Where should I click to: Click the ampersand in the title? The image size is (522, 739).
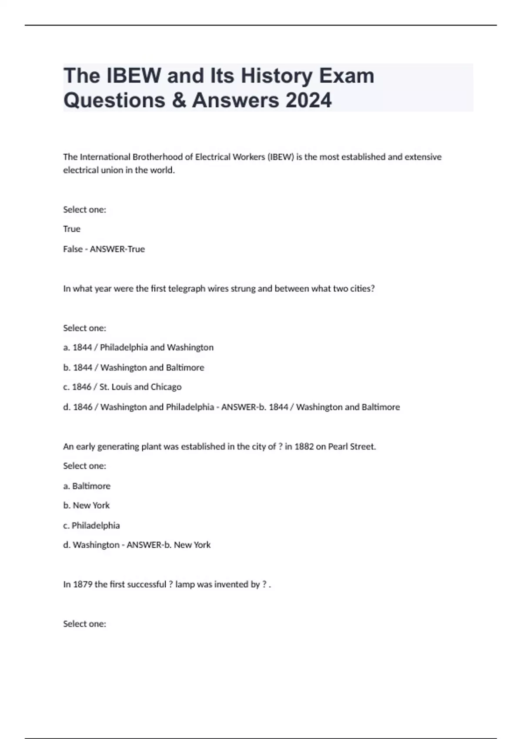(x=178, y=100)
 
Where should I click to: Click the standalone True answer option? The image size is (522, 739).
(x=72, y=229)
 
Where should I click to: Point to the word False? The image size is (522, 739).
(x=73, y=249)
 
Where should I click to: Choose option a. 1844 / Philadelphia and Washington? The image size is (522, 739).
(x=138, y=347)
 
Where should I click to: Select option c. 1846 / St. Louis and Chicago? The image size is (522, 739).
(x=122, y=387)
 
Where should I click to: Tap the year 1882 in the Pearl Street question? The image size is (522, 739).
(x=304, y=446)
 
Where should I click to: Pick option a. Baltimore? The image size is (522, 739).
(x=87, y=486)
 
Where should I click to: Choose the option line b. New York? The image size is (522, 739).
(x=87, y=506)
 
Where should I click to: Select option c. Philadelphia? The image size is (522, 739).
(x=91, y=526)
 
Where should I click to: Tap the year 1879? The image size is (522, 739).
(x=83, y=585)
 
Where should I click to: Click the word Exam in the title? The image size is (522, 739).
(x=347, y=76)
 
